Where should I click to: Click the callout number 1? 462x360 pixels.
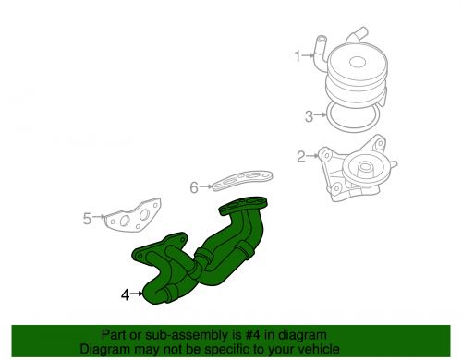tap(298, 56)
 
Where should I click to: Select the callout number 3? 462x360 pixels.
tap(308, 116)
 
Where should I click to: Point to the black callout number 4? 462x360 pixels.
tap(125, 294)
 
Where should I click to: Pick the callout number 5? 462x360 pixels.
tap(88, 219)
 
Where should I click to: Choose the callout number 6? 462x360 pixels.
tap(194, 187)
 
